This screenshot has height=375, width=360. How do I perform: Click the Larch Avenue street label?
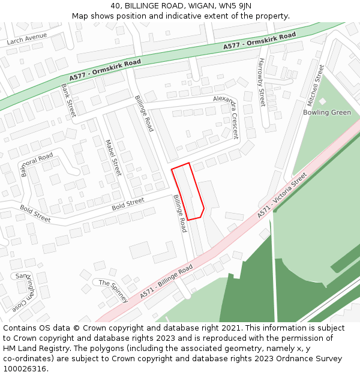(26, 39)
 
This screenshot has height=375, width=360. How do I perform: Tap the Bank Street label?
(68, 100)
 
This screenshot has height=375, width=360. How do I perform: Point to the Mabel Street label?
(113, 158)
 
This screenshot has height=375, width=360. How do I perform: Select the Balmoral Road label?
(37, 164)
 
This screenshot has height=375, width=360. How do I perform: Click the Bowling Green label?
(327, 112)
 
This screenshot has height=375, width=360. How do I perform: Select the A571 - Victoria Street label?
(282, 195)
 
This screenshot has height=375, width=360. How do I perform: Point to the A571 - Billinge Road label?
(166, 281)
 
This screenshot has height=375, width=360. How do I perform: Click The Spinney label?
(113, 290)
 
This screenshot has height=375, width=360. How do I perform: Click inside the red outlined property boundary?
(188, 192)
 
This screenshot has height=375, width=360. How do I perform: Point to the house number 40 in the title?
(116, 6)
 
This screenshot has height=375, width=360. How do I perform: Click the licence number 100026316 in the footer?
(25, 368)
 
